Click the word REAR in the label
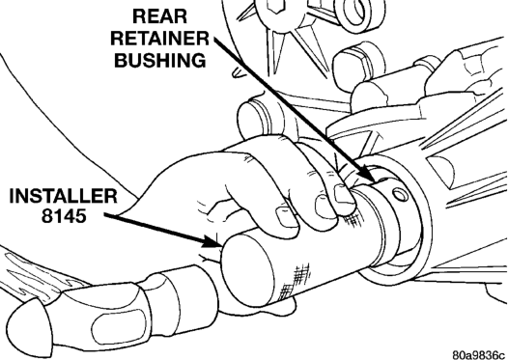click(x=159, y=16)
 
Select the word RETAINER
click(x=160, y=39)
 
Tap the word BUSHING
click(x=160, y=60)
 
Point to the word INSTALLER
click(x=63, y=196)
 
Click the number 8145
click(x=64, y=216)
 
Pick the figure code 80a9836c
click(x=479, y=354)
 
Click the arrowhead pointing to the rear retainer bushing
click(x=367, y=173)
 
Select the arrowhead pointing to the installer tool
click(x=212, y=242)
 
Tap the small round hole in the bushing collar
click(x=400, y=195)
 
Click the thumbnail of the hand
click(x=286, y=218)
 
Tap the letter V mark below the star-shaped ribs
click(x=240, y=71)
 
